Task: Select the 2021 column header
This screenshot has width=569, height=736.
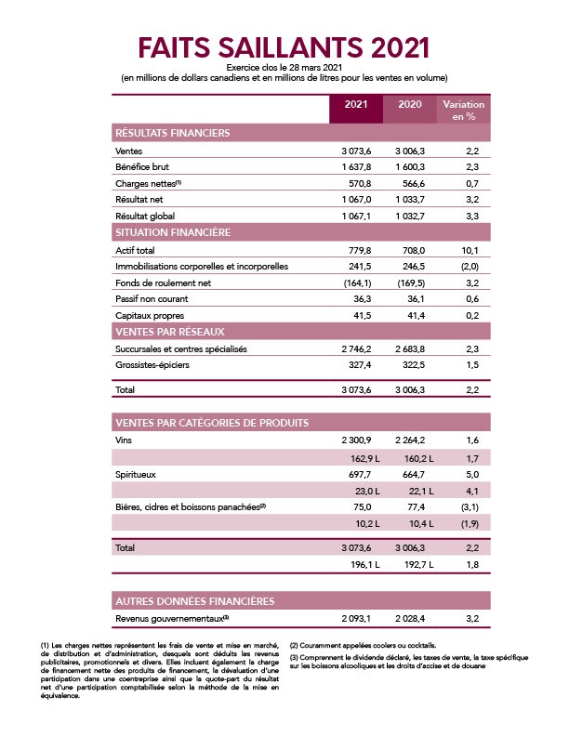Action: (x=355, y=104)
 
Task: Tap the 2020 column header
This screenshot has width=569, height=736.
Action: (x=409, y=104)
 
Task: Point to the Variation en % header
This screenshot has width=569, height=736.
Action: (x=463, y=110)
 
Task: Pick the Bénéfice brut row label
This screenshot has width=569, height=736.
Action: (x=141, y=166)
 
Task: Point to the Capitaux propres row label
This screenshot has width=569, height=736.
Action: (x=149, y=316)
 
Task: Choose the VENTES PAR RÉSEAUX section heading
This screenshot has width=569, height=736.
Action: (x=170, y=332)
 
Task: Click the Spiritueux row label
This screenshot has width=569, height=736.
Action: (x=137, y=473)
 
